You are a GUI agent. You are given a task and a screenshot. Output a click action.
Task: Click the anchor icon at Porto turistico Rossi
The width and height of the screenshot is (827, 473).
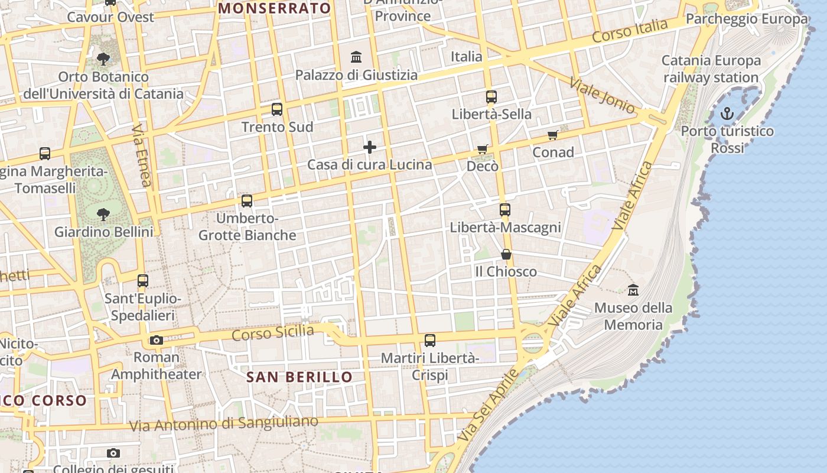click(x=727, y=114)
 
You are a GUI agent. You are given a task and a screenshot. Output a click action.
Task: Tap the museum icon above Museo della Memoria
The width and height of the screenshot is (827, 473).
click(x=633, y=290)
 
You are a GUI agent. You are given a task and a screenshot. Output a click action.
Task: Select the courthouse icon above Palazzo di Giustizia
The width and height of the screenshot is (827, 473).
click(x=356, y=57)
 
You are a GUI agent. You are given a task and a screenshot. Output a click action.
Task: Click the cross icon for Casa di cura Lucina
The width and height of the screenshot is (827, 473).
click(x=370, y=147)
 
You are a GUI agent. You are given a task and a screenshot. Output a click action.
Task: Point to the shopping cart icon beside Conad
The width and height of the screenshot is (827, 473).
click(x=553, y=135)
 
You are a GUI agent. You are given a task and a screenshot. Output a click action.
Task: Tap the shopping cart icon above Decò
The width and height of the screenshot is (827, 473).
click(x=483, y=149)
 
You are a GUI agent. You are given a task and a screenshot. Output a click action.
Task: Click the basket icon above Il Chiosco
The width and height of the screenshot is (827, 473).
click(x=506, y=254)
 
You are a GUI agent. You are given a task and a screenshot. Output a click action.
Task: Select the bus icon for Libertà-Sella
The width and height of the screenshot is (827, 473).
click(x=491, y=97)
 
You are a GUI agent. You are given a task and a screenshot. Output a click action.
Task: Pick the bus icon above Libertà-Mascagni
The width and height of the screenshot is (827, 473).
click(x=505, y=210)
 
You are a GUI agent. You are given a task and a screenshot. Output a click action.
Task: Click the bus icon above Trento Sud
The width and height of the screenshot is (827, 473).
click(x=277, y=109)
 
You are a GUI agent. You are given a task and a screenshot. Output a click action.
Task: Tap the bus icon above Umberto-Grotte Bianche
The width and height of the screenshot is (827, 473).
click(x=247, y=201)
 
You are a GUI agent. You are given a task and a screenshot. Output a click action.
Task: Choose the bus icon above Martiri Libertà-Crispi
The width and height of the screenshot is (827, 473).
click(x=430, y=341)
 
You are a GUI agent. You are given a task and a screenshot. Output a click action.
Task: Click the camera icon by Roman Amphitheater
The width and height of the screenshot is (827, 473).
click(x=157, y=340)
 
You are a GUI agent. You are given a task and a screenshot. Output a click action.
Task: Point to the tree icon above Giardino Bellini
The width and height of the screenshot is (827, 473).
click(x=103, y=214)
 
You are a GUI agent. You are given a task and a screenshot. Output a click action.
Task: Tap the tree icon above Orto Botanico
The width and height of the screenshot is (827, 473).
click(x=103, y=59)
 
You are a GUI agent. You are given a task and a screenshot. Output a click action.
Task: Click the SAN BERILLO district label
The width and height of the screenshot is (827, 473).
click(x=299, y=377)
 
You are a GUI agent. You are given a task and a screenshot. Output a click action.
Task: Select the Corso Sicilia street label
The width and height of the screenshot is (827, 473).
click(x=272, y=333)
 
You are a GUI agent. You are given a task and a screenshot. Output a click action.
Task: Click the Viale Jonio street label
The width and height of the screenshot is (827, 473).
click(x=602, y=95)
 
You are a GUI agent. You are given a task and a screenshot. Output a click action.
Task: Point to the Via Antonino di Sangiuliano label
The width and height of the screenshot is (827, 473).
click(x=223, y=423)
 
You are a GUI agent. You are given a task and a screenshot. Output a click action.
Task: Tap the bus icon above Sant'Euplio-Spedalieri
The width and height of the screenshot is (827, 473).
click(x=143, y=281)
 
